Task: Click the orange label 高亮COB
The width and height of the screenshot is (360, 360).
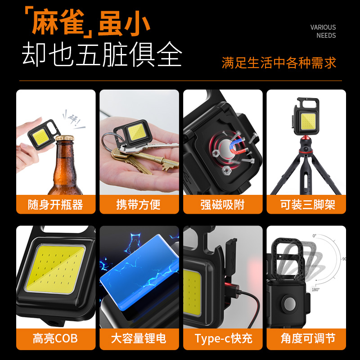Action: click(x=56, y=338)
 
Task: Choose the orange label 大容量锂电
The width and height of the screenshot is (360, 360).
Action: click(x=139, y=338)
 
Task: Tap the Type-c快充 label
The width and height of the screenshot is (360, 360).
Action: click(x=223, y=338)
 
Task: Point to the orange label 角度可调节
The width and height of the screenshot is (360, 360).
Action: click(x=306, y=338)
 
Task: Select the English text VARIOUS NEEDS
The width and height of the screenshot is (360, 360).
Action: click(x=323, y=31)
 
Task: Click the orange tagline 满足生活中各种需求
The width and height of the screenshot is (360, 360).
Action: click(x=279, y=63)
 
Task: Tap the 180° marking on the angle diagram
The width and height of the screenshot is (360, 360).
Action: click(x=315, y=290)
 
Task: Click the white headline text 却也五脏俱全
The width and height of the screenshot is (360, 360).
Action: click(x=102, y=55)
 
